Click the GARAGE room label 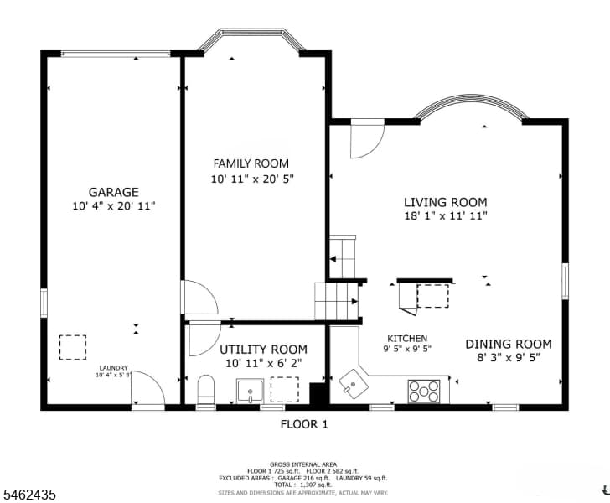(x=114, y=192)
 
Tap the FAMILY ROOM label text (x=251, y=163)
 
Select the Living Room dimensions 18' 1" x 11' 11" (x=446, y=215)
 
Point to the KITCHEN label (x=407, y=339)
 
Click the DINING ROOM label (x=509, y=344)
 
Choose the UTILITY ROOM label (x=263, y=350)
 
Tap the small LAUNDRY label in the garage (x=114, y=368)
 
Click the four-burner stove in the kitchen (x=424, y=391)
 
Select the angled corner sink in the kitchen (x=354, y=384)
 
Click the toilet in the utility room (x=206, y=390)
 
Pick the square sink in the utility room (x=250, y=391)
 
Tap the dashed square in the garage (x=73, y=347)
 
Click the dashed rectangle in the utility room (x=285, y=389)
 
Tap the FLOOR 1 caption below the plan (x=304, y=424)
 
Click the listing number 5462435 (x=29, y=495)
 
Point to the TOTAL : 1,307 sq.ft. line (x=303, y=485)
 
